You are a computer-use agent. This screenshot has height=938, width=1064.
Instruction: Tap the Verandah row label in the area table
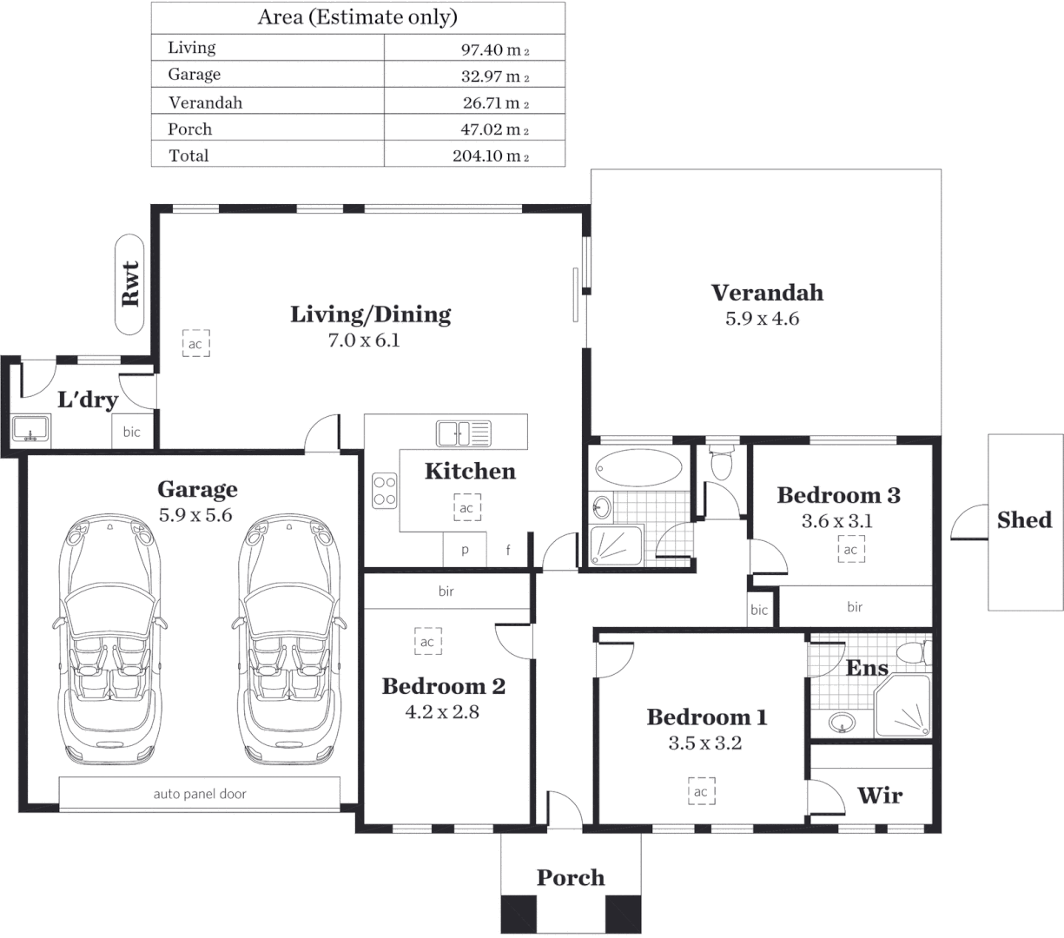(x=205, y=102)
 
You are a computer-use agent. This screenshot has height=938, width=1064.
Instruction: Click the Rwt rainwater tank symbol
(x=130, y=283)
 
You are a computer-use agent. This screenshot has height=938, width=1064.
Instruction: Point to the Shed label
(x=1024, y=520)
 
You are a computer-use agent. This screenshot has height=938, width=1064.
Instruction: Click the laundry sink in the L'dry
(x=31, y=429)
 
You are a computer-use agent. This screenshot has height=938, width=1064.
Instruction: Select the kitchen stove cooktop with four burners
(x=385, y=491)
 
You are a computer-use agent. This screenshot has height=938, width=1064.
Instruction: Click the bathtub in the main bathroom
(x=639, y=467)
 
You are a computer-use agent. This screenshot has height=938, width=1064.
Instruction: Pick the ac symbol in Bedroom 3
(x=850, y=550)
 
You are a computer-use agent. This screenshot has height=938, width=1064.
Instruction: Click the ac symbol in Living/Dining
(x=195, y=344)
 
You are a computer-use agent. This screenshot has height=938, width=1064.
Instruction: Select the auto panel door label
(x=200, y=794)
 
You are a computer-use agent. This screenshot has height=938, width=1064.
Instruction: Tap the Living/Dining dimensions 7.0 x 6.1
(x=363, y=340)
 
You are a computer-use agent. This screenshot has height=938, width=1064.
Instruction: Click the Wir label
(x=879, y=796)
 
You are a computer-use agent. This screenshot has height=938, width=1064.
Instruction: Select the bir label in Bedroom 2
(x=446, y=591)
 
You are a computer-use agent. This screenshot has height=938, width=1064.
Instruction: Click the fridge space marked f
(x=508, y=551)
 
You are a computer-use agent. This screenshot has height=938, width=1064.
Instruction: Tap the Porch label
(x=571, y=878)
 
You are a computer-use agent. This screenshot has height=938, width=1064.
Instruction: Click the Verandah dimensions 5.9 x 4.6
(x=762, y=319)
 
